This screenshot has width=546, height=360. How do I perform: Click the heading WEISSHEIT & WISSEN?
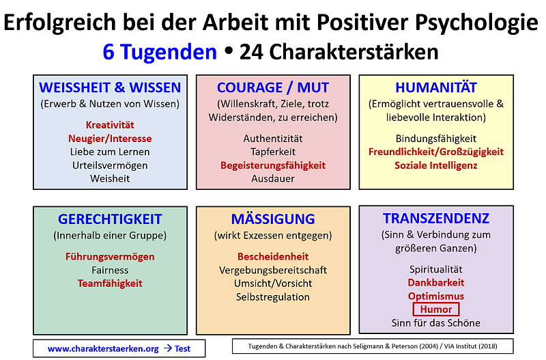(110, 87)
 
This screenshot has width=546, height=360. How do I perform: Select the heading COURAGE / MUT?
(273, 87)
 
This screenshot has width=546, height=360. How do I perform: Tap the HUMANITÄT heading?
(436, 87)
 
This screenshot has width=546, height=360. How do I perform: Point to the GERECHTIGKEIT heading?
(110, 219)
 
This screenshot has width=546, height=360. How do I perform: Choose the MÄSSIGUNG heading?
(273, 219)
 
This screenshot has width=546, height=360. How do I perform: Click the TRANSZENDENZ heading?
(436, 219)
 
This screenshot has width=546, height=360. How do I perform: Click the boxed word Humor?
(436, 309)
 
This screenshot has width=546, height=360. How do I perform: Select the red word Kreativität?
(110, 125)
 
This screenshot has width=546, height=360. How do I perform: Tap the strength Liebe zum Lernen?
(110, 152)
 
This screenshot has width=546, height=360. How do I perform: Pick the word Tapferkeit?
(273, 152)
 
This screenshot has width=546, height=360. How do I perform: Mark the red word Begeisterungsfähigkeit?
(273, 165)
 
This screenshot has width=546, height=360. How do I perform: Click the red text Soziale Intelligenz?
(436, 165)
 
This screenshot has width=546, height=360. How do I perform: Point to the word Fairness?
(110, 270)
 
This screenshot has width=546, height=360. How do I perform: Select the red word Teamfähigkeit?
(110, 283)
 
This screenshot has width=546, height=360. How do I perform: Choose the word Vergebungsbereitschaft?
(273, 270)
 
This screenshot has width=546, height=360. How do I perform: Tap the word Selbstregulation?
(273, 297)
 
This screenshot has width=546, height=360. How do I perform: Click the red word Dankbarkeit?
(436, 282)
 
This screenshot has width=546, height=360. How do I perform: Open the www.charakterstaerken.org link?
(103, 348)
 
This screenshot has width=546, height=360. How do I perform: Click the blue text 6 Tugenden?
(160, 53)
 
